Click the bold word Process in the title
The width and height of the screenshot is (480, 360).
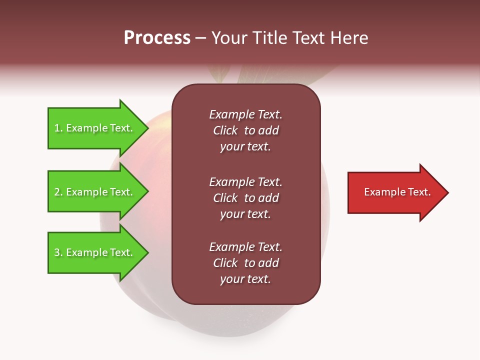pos(157,38)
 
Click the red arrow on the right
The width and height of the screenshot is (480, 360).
pos(395,192)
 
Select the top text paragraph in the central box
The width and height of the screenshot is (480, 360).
pos(245,130)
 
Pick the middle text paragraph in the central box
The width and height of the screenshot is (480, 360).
pos(245,198)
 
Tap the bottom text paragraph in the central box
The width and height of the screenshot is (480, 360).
pos(245,263)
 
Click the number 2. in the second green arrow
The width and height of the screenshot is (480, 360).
pos(58,192)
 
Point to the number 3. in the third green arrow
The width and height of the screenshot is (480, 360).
pos(58,252)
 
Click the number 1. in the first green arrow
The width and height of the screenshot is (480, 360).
pos(58,128)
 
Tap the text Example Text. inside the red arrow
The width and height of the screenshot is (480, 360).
pos(397,192)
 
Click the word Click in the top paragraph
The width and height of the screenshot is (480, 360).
pos(225,130)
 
